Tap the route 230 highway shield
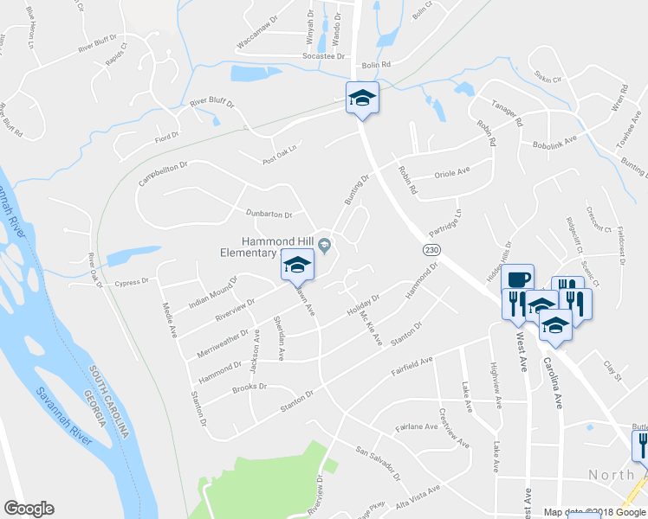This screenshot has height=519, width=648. tap(432, 250)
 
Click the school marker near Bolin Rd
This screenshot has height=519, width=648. tap(363, 98)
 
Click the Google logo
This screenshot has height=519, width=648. tap(29, 509)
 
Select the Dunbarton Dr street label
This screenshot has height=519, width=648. tap(269, 214)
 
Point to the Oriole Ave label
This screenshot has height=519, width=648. tap(451, 172)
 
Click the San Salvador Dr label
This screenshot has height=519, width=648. tap(379, 462)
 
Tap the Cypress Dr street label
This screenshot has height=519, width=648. tap(132, 283)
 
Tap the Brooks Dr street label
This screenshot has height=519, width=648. tap(250, 388)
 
